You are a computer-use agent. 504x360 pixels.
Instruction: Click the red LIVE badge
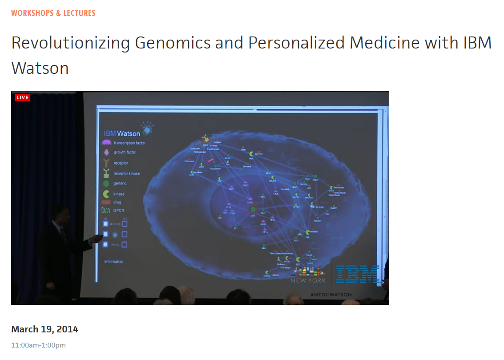22,97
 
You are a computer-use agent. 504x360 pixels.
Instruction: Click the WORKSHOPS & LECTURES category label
53,13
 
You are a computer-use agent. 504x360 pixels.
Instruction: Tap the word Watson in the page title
40,68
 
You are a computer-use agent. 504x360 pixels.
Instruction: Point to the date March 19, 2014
44,329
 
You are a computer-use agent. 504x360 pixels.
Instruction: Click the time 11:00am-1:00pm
38,345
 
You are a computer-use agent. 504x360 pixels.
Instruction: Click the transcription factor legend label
129,143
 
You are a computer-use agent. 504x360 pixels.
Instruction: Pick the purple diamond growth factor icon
106,152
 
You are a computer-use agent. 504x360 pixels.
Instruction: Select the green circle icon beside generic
106,183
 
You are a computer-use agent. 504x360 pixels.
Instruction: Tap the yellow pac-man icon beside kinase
106,194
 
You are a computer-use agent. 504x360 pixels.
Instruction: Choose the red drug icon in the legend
106,202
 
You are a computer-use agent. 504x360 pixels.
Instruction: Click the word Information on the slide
113,262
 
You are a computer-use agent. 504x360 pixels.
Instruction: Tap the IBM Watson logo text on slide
122,133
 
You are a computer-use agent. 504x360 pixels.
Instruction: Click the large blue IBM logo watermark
357,274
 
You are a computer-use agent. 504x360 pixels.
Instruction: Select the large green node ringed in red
253,209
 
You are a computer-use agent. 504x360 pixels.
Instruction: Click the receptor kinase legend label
127,174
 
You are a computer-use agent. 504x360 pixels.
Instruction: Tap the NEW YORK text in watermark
308,280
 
